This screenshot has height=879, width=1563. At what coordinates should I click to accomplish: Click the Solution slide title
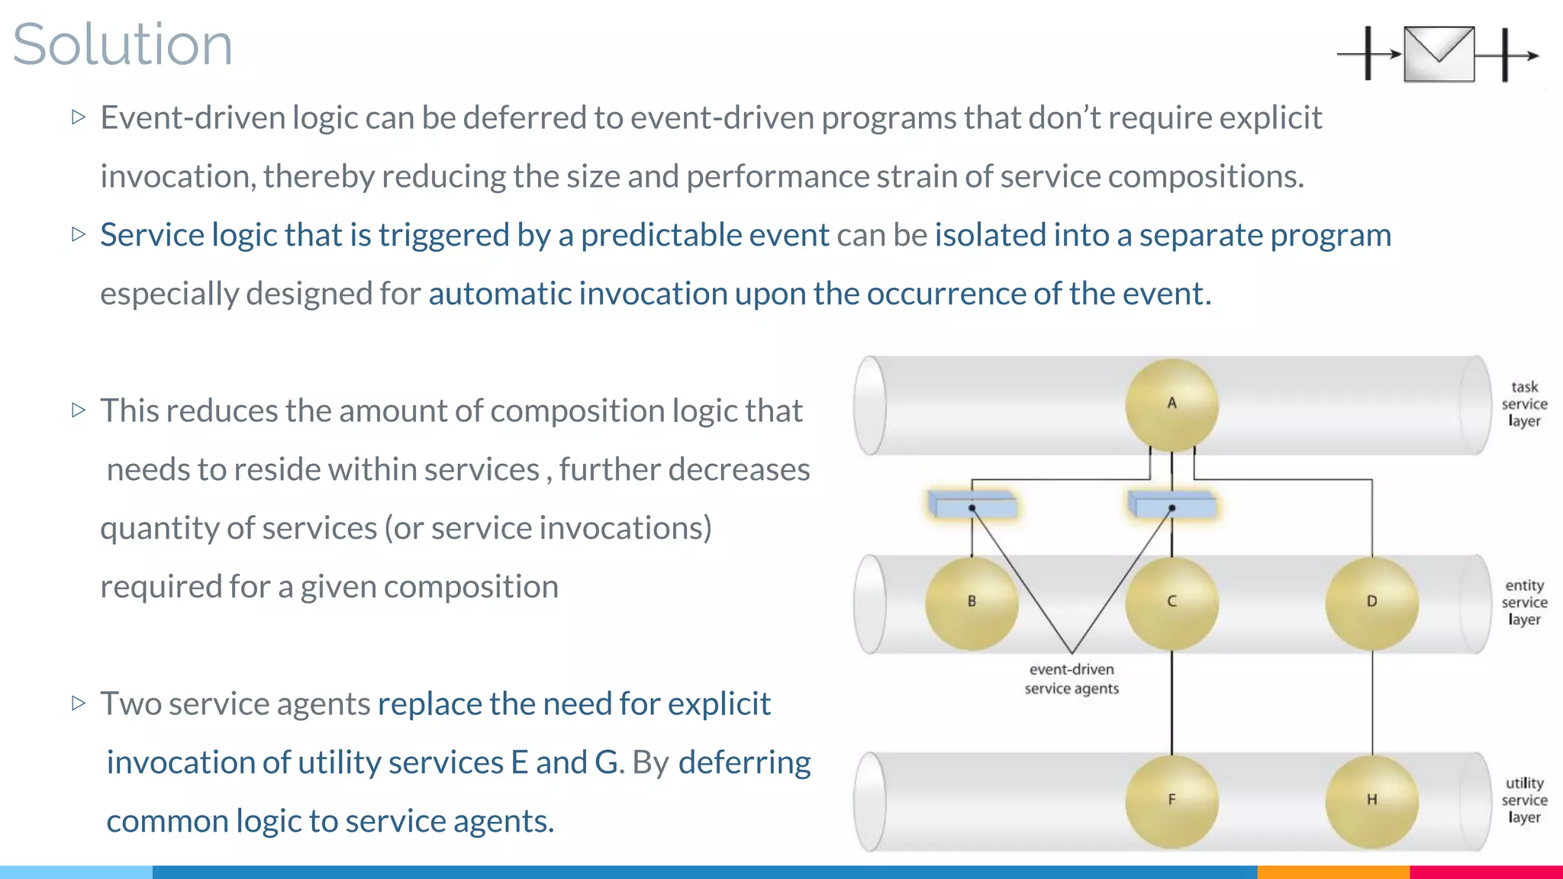pos(122,44)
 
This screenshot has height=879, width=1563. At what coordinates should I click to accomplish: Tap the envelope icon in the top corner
pos(1439,54)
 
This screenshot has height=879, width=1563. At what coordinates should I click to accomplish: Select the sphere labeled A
pos(1171,404)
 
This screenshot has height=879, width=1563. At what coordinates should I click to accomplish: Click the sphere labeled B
pos(972,603)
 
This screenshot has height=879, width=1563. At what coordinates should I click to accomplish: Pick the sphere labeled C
pos(1171,603)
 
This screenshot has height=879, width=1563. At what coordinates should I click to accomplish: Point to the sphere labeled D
pos(1371,603)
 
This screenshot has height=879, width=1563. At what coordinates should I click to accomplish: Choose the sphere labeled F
pos(1171,800)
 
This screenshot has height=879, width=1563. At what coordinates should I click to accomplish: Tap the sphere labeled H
pos(1371,800)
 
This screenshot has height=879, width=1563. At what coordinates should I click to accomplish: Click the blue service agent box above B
pos(972,505)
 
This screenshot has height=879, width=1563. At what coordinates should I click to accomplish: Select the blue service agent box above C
pos(1172,505)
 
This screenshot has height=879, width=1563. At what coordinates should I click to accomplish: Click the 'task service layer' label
pos(1524,404)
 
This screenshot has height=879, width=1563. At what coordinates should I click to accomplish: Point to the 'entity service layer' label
pos(1524,603)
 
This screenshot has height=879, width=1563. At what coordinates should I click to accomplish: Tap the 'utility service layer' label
pos(1524,800)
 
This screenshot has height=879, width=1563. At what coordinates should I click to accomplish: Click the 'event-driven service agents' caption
pos(1072,679)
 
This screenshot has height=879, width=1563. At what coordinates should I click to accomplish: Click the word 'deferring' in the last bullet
pos(744,762)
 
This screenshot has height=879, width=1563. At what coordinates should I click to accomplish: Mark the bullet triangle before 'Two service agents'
pos(79,703)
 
